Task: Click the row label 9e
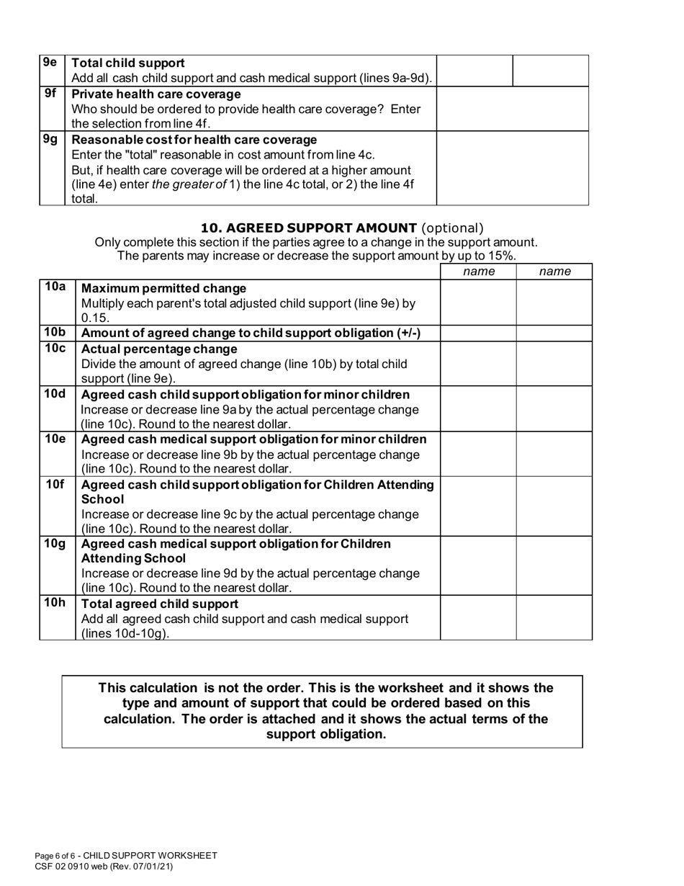tap(50, 63)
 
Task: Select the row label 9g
tap(50, 139)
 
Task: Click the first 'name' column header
tap(478, 272)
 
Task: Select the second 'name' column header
tap(554, 272)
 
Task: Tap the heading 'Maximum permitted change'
tap(163, 289)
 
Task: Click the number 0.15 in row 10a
tap(95, 318)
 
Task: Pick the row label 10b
tap(55, 332)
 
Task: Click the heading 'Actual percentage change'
tap(159, 349)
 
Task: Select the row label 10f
tap(55, 484)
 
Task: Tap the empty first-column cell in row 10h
tap(478, 617)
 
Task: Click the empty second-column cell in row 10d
tap(554, 408)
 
